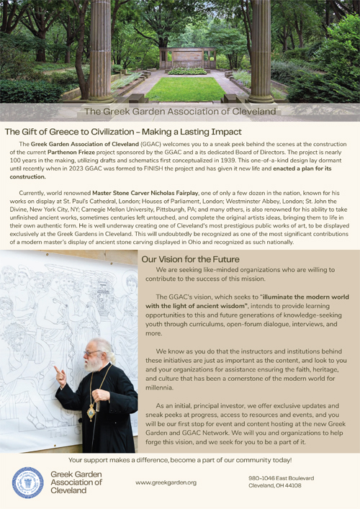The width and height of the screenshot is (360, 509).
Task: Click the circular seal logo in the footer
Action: (28, 482)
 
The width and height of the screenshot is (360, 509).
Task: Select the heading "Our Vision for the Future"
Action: (190, 259)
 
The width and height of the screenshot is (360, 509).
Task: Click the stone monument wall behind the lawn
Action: (189, 58)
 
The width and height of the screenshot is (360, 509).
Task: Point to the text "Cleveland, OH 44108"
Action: (275, 486)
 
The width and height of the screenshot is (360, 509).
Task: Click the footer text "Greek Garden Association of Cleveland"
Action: (76, 482)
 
